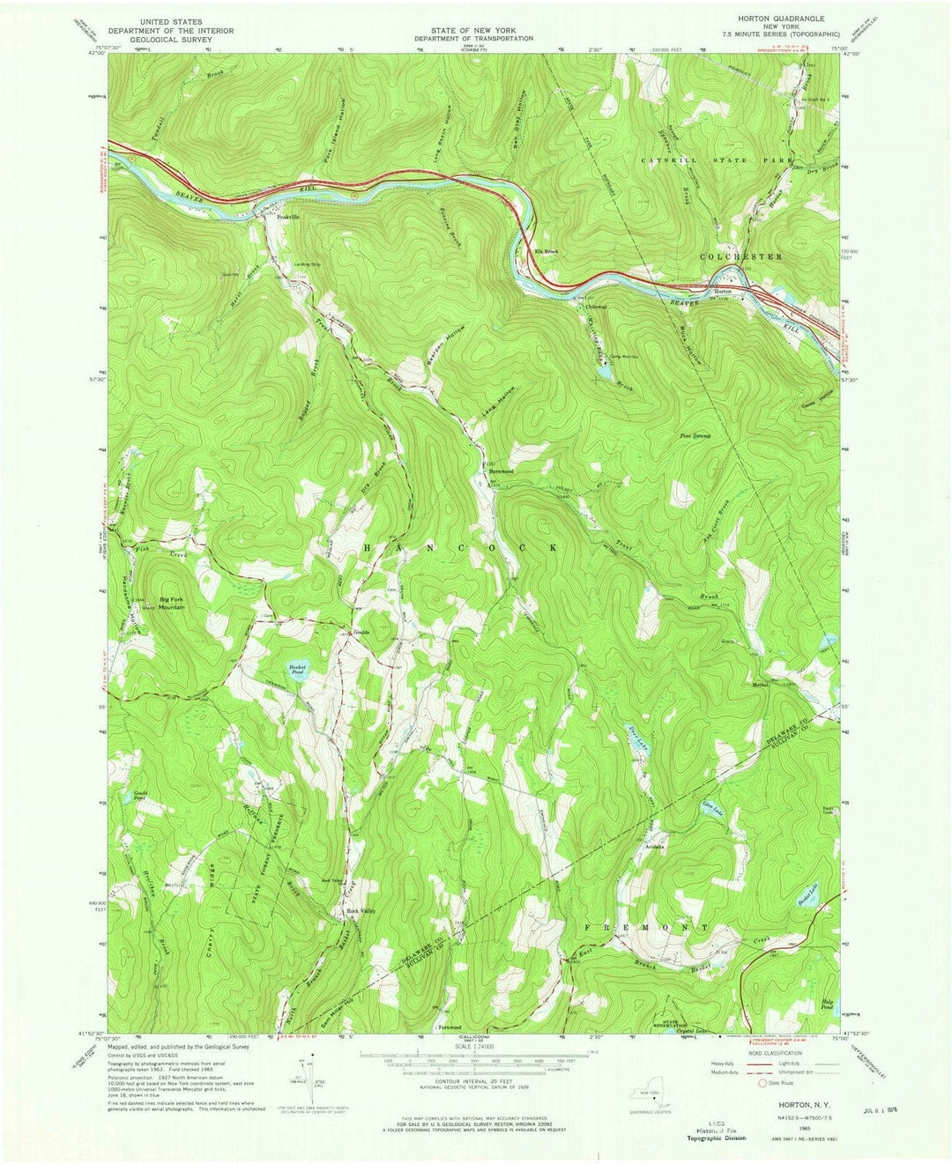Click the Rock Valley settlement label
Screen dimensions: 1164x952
click(x=359, y=911)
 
